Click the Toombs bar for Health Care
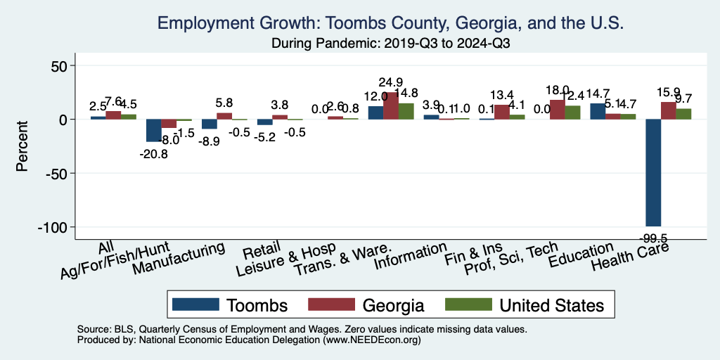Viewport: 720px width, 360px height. [x=653, y=172]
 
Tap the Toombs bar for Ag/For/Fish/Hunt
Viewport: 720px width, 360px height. [x=153, y=131]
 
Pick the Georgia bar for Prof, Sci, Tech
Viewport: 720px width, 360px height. [x=557, y=110]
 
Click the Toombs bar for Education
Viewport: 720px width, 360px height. [x=597, y=111]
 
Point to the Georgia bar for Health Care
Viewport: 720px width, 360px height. [x=668, y=111]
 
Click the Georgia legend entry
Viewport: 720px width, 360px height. [x=366, y=305]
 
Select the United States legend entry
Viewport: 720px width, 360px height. [x=524, y=305]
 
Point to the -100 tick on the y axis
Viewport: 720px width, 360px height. [x=55, y=227]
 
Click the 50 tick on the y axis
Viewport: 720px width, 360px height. [x=58, y=66]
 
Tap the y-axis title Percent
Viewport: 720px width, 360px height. [x=22, y=147]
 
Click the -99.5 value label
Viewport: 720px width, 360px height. [x=653, y=237]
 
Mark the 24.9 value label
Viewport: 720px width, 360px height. [x=390, y=82]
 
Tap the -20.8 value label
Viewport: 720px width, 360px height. [x=153, y=153]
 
